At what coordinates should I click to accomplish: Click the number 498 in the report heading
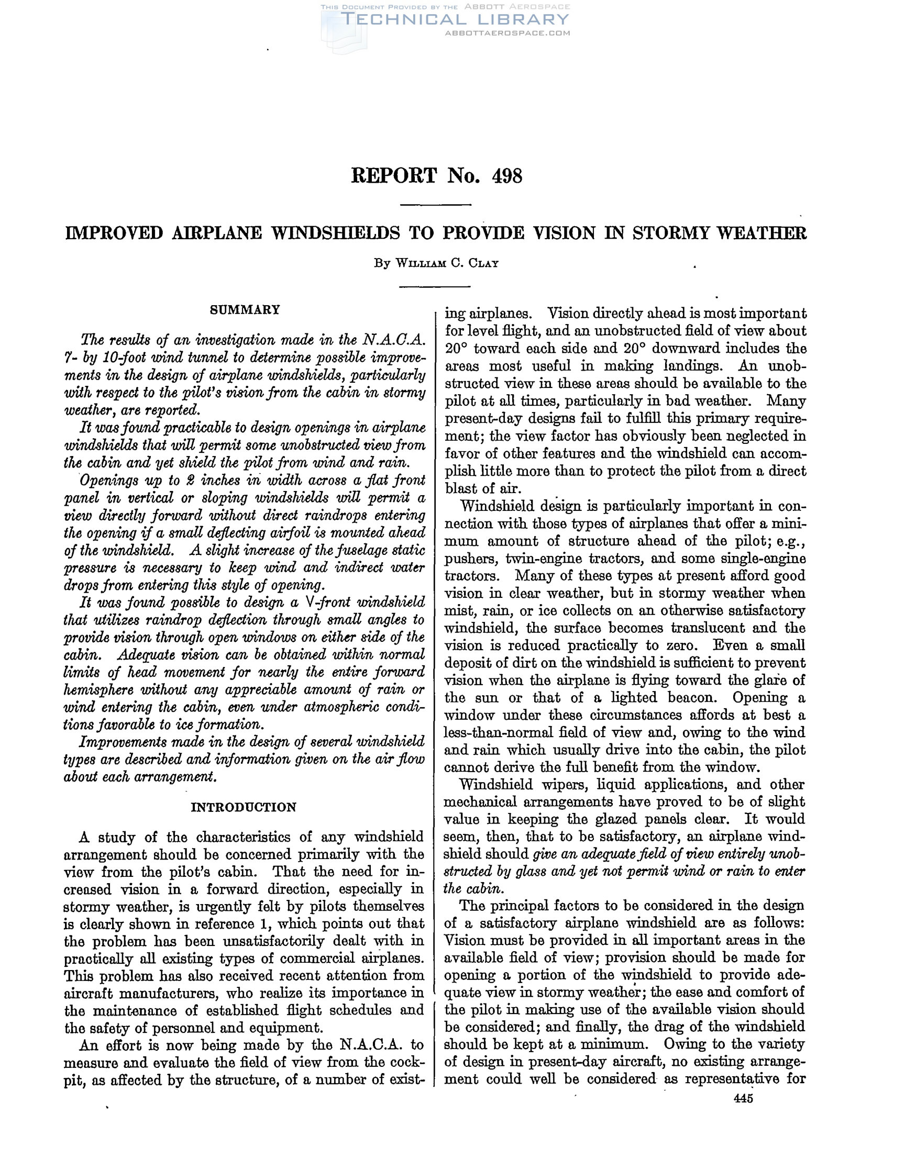point(507,176)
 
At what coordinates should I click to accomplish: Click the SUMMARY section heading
point(245,310)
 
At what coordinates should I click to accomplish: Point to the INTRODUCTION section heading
point(244,807)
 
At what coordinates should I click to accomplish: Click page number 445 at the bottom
point(743,1099)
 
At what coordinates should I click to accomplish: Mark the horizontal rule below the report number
point(435,205)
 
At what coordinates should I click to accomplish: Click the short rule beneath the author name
point(435,287)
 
